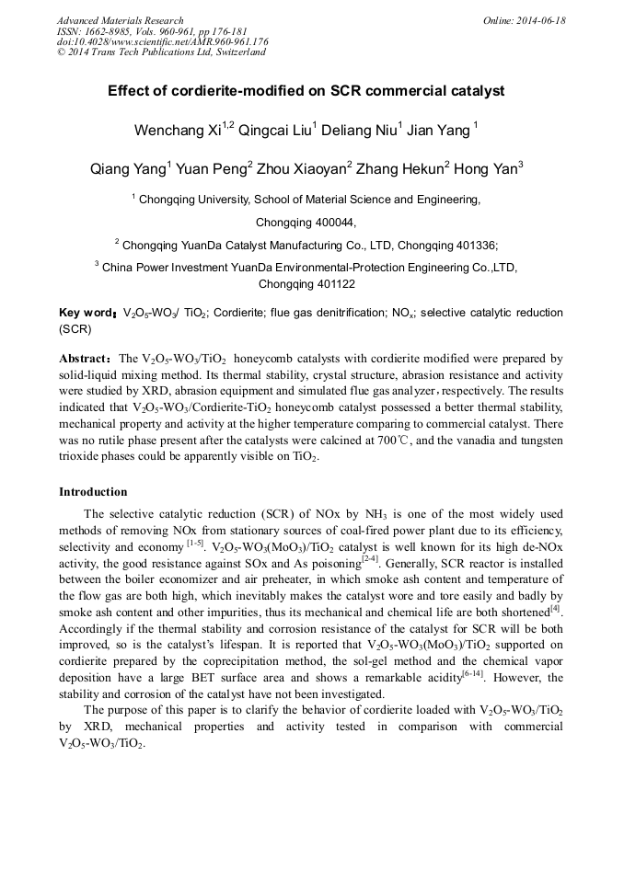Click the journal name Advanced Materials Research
click(120, 20)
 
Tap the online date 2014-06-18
click(541, 20)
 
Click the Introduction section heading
click(93, 492)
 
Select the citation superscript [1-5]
click(195, 542)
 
